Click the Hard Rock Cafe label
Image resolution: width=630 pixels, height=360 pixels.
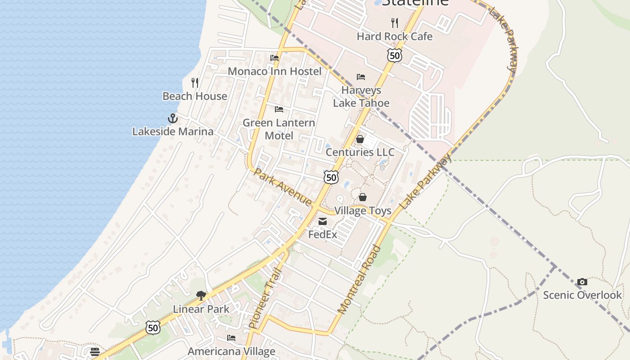(x=394, y=36)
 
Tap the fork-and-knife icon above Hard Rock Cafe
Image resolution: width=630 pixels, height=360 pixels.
(x=395, y=22)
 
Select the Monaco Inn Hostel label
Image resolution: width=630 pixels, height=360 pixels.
(x=274, y=71)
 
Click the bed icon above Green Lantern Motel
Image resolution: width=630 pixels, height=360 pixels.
(x=279, y=109)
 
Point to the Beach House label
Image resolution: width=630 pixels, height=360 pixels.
(x=194, y=96)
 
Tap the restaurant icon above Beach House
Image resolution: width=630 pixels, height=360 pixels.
(x=195, y=82)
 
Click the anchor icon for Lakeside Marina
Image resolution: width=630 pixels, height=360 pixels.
(x=173, y=118)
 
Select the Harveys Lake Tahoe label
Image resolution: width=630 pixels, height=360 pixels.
(x=361, y=96)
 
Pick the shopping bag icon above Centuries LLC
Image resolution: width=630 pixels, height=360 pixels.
(x=360, y=139)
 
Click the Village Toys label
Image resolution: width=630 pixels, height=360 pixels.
(x=362, y=211)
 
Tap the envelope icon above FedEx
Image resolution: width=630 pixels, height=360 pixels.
(x=323, y=221)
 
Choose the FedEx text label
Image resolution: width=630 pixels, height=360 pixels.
(x=323, y=234)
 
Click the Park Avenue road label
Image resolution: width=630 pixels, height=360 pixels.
(x=283, y=187)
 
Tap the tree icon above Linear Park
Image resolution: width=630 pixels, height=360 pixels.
(x=201, y=296)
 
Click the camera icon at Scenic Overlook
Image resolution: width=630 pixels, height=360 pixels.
(x=582, y=282)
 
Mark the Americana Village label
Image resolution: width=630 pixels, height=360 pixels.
(x=231, y=351)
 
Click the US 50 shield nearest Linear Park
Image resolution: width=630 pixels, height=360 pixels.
(x=153, y=328)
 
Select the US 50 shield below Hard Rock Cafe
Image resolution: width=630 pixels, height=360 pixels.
(x=394, y=55)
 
